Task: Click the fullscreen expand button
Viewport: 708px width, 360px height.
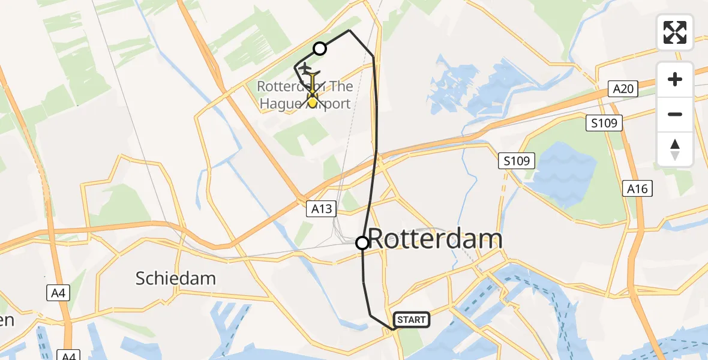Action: (x=675, y=32)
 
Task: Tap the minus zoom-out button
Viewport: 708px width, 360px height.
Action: (x=675, y=114)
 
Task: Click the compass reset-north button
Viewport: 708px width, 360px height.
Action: (x=675, y=149)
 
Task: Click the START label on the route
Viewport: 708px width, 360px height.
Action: (x=411, y=320)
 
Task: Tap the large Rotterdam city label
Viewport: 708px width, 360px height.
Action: (x=435, y=239)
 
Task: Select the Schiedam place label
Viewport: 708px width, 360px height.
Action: (x=175, y=278)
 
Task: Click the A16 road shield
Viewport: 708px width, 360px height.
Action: (x=637, y=189)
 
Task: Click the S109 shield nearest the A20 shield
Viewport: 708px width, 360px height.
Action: (x=604, y=124)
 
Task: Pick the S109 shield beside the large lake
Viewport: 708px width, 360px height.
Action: (x=516, y=161)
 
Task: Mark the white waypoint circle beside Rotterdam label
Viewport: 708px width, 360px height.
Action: (x=362, y=242)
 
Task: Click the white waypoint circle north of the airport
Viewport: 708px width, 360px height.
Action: (x=320, y=49)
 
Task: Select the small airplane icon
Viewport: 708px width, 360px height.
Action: (x=305, y=67)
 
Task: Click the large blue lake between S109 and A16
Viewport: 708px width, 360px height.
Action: (x=567, y=174)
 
